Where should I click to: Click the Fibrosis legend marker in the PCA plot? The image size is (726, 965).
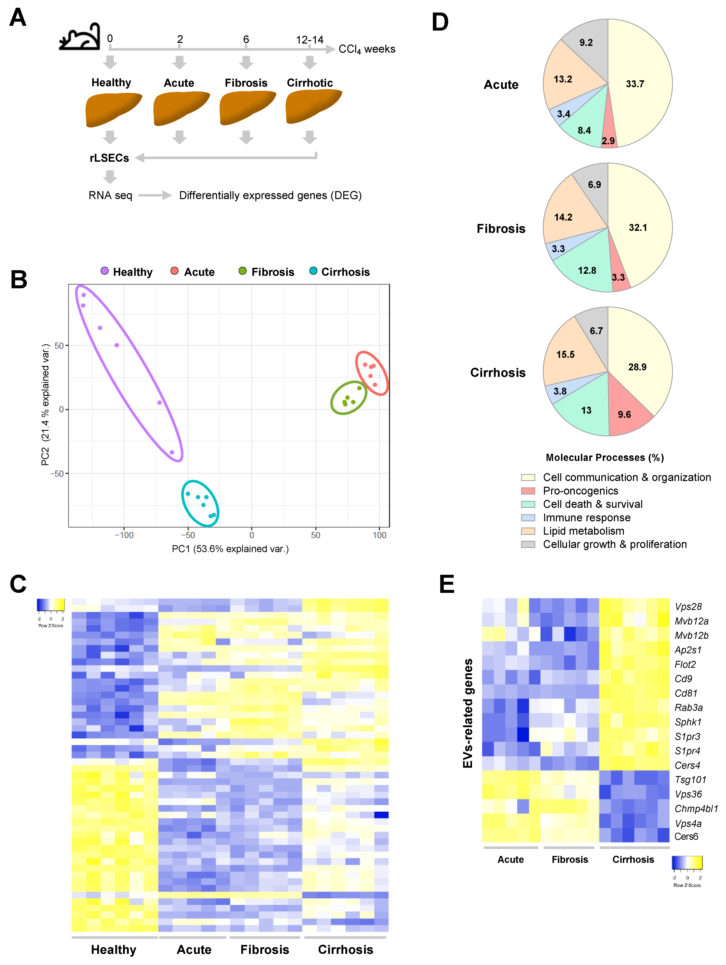tap(243, 271)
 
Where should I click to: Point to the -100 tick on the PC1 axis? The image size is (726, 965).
tap(124, 535)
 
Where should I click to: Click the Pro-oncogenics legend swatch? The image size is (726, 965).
tap(528, 491)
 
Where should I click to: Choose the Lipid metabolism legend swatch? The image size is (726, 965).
tap(528, 531)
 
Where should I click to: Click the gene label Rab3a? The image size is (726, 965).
tap(688, 708)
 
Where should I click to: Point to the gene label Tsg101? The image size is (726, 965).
tap(690, 780)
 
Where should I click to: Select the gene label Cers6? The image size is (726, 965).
tap(686, 836)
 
